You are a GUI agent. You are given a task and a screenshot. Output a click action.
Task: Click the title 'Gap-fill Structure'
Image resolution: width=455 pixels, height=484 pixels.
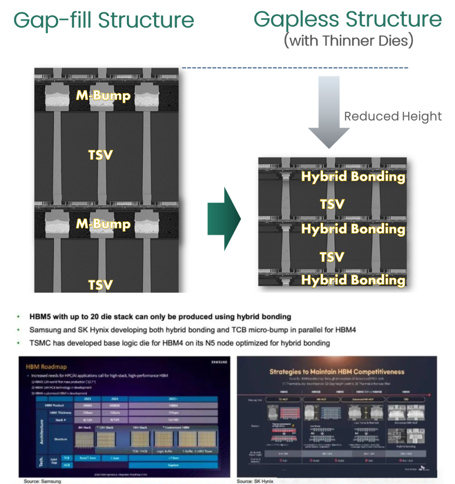click(104, 20)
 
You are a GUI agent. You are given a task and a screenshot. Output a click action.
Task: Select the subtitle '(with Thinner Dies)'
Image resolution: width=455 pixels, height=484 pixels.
click(348, 41)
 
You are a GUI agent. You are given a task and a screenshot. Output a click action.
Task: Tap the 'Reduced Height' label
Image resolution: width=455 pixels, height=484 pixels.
click(393, 116)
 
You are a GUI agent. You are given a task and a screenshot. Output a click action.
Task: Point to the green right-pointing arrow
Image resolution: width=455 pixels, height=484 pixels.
click(224, 219)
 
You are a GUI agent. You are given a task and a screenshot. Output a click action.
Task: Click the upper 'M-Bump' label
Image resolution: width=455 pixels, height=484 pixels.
click(103, 96)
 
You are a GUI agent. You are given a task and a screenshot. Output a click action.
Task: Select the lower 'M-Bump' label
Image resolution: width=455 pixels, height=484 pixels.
click(103, 224)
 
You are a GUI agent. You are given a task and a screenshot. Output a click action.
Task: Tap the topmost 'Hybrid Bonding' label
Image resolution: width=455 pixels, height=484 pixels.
click(353, 176)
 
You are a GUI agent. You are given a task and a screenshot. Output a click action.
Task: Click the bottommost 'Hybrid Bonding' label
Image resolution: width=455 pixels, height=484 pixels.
click(353, 280)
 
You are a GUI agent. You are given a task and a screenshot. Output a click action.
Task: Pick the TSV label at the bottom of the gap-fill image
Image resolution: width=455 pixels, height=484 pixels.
click(100, 285)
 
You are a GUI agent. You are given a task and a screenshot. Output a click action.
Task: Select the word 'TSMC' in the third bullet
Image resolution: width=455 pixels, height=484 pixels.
click(40, 343)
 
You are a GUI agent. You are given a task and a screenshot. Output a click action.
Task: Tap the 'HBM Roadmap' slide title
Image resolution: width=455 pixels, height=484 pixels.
click(46, 366)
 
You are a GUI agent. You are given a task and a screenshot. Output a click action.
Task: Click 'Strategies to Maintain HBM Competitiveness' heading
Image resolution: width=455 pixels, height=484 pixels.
click(337, 372)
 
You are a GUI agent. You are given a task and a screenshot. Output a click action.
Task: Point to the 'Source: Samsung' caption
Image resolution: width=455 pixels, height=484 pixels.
click(43, 481)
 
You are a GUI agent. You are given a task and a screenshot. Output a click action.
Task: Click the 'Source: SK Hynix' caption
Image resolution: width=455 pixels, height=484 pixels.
click(255, 481)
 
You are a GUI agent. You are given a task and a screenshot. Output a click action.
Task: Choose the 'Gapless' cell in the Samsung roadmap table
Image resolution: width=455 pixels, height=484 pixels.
click(173, 465)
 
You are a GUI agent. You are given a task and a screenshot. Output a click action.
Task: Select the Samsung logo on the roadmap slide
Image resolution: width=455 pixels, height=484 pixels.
click(219, 362)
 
